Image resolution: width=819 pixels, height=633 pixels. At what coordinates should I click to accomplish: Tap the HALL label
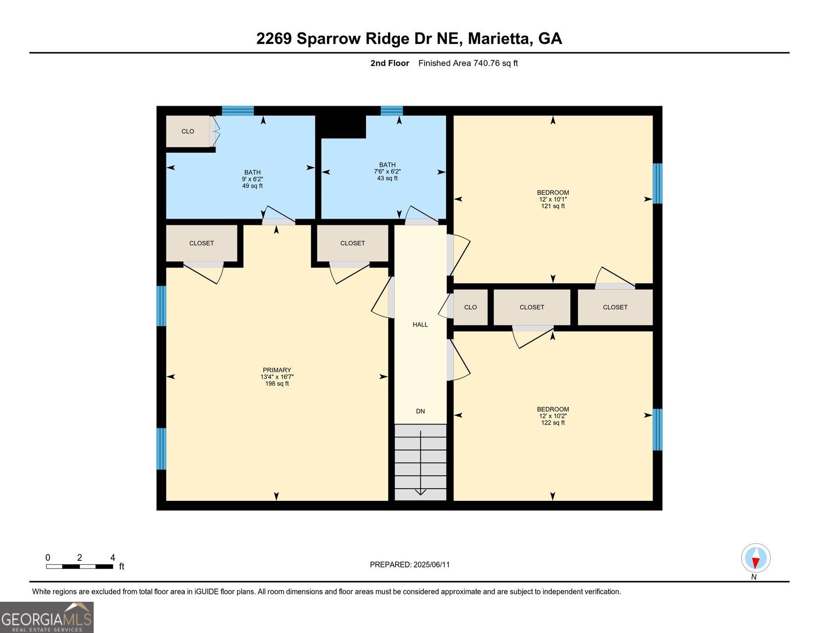[x=420, y=325]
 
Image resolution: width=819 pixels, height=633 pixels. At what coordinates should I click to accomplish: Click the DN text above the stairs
[x=420, y=411]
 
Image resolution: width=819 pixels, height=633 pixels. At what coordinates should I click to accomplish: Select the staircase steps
[x=420, y=462]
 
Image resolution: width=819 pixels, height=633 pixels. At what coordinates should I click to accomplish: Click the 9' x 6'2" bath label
[x=252, y=179]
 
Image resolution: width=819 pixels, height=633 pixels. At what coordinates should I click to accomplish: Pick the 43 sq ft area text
[x=387, y=179]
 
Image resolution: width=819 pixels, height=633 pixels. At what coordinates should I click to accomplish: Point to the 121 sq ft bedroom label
[x=553, y=206]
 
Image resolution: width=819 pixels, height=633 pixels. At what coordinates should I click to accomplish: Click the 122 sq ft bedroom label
[x=553, y=423]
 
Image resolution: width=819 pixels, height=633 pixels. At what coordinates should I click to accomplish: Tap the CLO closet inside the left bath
[x=188, y=132]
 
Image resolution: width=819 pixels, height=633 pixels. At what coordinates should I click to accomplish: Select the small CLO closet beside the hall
[x=470, y=307]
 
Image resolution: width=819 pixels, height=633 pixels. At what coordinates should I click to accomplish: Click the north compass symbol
[x=756, y=558]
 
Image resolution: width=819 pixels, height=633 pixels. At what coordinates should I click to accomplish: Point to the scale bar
[x=79, y=566]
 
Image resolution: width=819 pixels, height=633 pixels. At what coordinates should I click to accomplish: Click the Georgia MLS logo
[x=47, y=617]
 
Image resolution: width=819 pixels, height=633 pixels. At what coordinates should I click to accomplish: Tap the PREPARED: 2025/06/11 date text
[x=409, y=565]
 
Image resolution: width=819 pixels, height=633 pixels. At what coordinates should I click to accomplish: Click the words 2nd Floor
[x=390, y=64]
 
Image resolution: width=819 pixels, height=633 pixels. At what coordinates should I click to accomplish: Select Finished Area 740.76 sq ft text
[x=468, y=64]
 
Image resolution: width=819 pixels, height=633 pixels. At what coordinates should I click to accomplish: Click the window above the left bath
[x=238, y=111]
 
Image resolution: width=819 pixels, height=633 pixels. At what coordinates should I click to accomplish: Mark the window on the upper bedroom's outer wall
[x=658, y=183]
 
